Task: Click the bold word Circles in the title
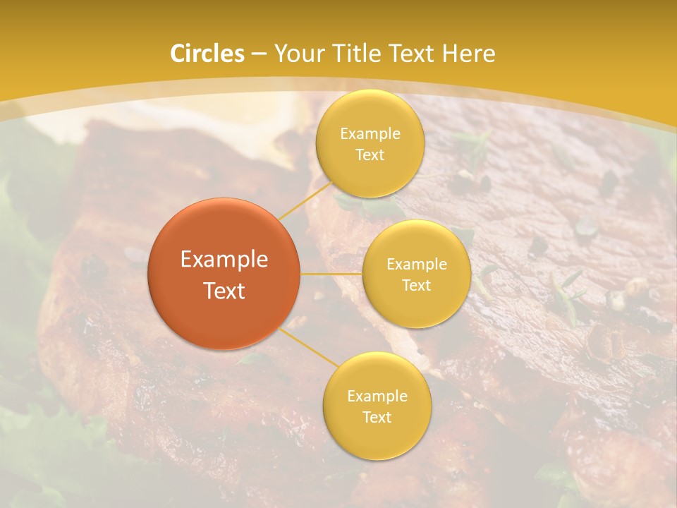pos(207,54)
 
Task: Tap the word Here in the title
pos(468,54)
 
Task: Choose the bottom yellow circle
pos(377,437)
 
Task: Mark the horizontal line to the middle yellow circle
pos(331,273)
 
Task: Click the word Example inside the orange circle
pos(224,260)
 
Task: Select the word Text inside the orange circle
pos(224,291)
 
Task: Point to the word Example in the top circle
pos(370,134)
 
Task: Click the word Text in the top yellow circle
pos(370,155)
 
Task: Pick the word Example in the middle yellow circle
pos(416,265)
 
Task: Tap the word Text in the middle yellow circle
pos(416,286)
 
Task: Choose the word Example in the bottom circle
pos(377,397)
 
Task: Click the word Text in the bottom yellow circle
pos(377,418)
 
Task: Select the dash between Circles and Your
pos(259,54)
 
